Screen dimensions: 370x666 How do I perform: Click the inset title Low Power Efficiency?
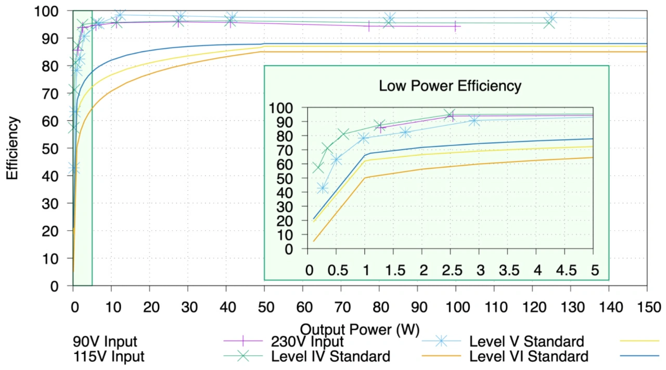pyautogui.click(x=450, y=86)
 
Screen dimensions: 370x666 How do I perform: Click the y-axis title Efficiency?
pyautogui.click(x=12, y=148)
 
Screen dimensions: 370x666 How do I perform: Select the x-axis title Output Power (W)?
pyautogui.click(x=360, y=329)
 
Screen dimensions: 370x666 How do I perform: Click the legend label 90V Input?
pyautogui.click(x=106, y=341)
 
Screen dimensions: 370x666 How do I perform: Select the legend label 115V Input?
pyautogui.click(x=109, y=356)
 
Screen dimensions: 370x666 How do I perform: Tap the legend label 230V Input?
pyautogui.click(x=308, y=341)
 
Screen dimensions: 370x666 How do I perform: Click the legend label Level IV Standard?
pyautogui.click(x=330, y=356)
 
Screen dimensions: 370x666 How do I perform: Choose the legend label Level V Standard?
pyautogui.click(x=527, y=341)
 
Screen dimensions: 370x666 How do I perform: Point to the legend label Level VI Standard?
pyautogui.click(x=529, y=356)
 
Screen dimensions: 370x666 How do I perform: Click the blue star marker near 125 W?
pyautogui.click(x=550, y=19)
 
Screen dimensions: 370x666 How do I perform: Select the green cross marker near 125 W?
pyautogui.click(x=549, y=22)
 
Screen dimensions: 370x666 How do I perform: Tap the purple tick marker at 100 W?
pyautogui.click(x=455, y=26)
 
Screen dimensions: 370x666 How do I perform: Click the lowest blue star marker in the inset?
pyautogui.click(x=323, y=188)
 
